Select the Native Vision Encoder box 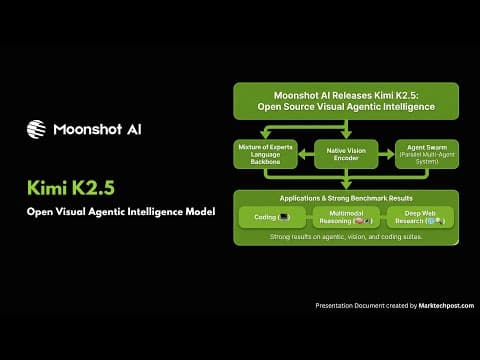point(346,156)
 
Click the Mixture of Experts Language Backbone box point(265,156)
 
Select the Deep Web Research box point(420,217)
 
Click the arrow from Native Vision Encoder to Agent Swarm point(386,156)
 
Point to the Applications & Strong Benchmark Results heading point(345,198)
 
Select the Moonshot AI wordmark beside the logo point(97,129)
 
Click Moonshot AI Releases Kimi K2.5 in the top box point(346,95)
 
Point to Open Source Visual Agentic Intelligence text point(346,108)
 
